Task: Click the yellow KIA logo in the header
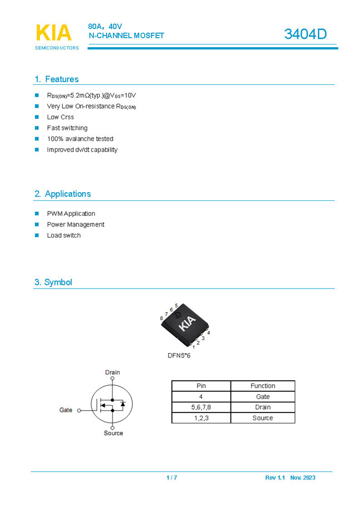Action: pos(53,33)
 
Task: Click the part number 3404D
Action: pos(305,34)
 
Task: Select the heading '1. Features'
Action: pos(57,79)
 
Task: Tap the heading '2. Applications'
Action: pos(62,194)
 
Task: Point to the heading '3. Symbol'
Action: pos(53,282)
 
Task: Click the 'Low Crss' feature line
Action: pos(60,117)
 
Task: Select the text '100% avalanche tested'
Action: pos(80,139)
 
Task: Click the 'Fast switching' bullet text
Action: pos(67,128)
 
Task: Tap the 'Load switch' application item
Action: pos(64,235)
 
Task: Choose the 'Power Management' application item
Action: pos(75,224)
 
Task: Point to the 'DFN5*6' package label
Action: pos(179,356)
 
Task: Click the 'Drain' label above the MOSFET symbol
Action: pos(113,372)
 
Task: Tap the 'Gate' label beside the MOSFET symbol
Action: pos(65,410)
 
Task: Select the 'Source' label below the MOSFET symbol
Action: pos(113,433)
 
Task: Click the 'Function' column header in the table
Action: pos(262,386)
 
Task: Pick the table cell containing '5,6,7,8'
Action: pos(201,407)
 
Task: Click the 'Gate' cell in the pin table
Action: pos(262,397)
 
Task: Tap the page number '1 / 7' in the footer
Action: pos(172,477)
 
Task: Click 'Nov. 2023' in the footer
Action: pos(302,477)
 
